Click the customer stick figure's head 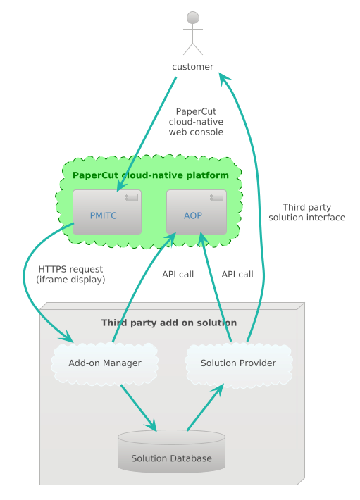coord(193,17)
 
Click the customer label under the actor coord(193,67)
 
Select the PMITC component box coord(106,212)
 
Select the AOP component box coord(196,212)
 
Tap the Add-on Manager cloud coord(105,363)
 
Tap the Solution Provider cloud coord(238,363)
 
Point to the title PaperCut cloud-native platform coord(151,175)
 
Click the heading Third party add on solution coord(169,323)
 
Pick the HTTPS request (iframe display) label coord(70,274)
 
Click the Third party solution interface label coord(306,213)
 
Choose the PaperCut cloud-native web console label coord(196,121)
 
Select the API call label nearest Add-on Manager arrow coord(178,274)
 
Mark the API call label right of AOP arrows coord(237,274)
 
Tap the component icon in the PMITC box coord(131,196)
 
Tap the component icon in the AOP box coord(217,196)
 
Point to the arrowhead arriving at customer coord(223,77)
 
